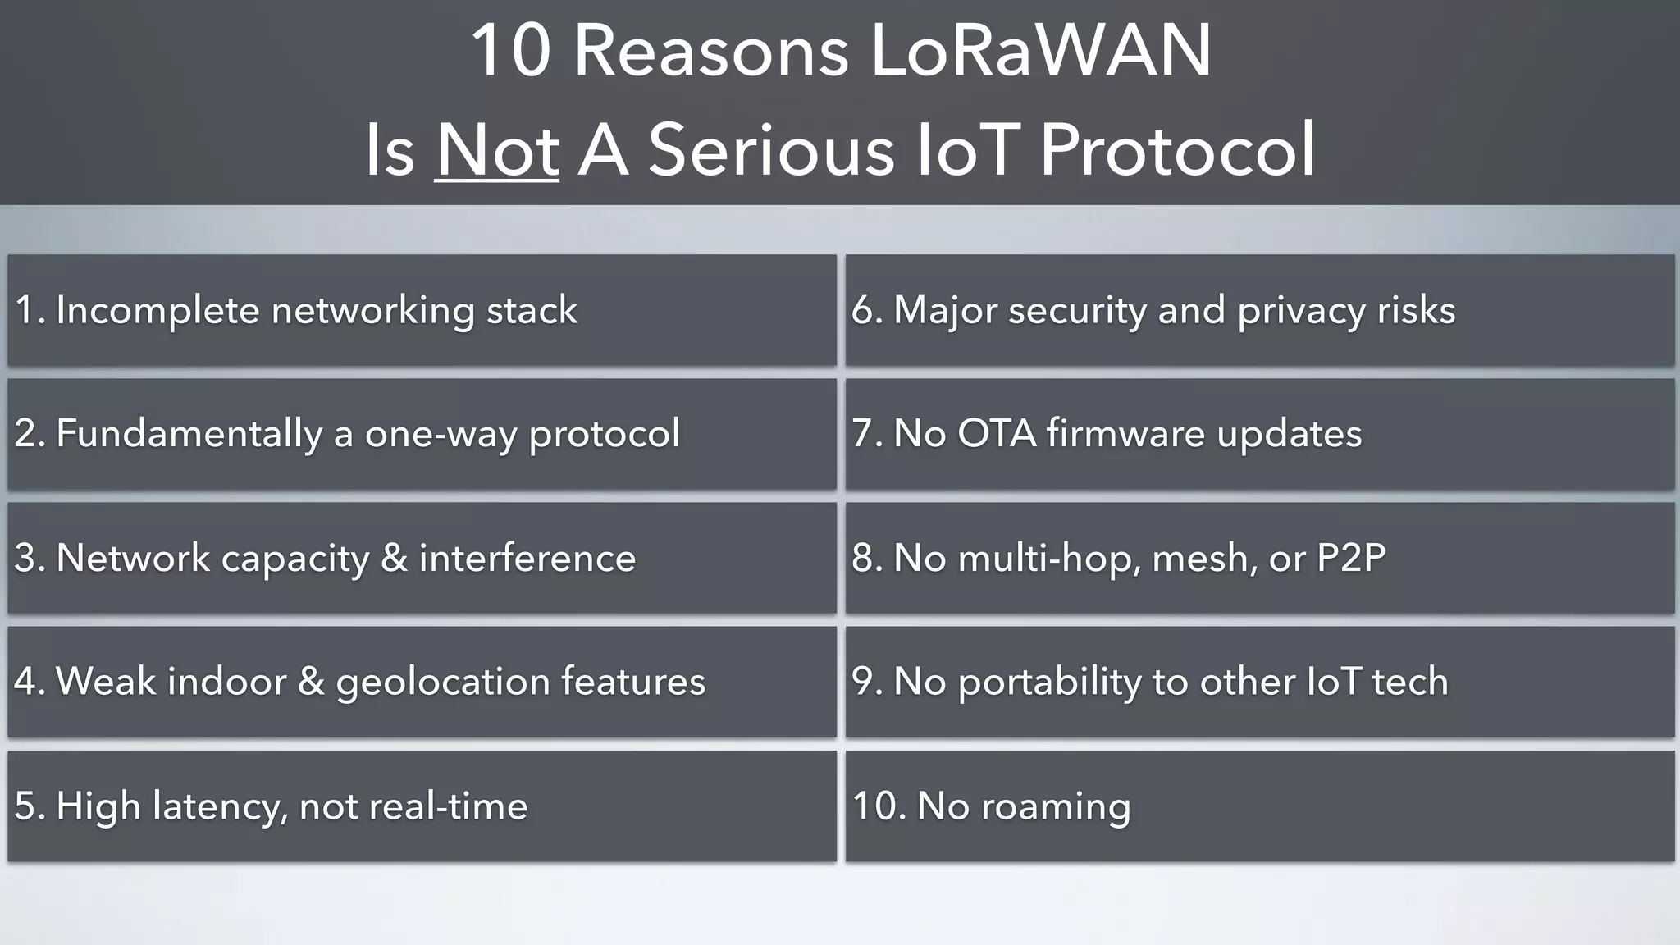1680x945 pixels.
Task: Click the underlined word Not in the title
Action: click(497, 149)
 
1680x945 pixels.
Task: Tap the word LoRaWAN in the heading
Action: click(1040, 51)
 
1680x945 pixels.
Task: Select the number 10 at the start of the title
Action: click(509, 51)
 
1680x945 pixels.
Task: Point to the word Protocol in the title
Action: click(1177, 149)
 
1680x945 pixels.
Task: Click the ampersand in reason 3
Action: click(394, 558)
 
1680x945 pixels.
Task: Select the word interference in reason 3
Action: click(527, 558)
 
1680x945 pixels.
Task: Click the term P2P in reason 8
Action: click(1351, 558)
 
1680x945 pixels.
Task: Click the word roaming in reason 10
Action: click(1056, 806)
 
